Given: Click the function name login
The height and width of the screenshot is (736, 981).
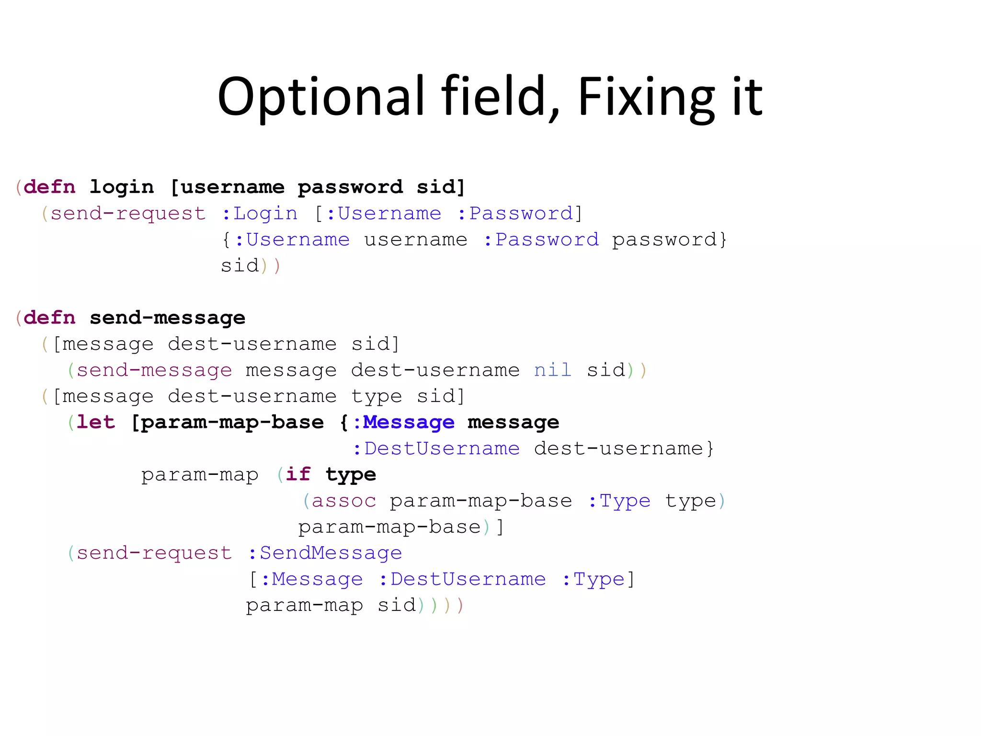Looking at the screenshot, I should click(x=122, y=187).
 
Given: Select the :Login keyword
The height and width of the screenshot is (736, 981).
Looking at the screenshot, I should click(x=259, y=213).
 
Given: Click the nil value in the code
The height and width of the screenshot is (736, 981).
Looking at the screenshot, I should click(x=552, y=370).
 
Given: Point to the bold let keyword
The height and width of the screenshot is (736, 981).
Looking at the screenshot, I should click(x=96, y=422).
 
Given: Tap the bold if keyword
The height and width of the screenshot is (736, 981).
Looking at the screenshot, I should click(x=298, y=474).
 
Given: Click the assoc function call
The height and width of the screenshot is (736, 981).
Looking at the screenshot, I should click(x=343, y=501).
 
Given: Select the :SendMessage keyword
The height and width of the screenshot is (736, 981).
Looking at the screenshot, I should click(x=325, y=553).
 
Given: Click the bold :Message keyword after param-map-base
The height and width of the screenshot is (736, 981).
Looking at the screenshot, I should click(x=403, y=422).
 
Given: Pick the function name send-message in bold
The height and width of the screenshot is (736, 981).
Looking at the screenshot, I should click(x=167, y=318).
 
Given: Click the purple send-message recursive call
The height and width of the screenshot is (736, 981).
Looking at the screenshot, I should click(x=154, y=370).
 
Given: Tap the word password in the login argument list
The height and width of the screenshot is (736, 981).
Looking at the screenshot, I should click(x=350, y=187).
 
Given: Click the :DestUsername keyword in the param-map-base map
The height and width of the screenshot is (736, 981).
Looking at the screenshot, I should click(x=436, y=448).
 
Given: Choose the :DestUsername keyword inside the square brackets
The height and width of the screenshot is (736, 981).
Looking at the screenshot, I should click(x=462, y=579).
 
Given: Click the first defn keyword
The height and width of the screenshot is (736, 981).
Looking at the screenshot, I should click(x=49, y=187).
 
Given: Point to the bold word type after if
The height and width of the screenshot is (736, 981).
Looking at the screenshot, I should click(x=351, y=474).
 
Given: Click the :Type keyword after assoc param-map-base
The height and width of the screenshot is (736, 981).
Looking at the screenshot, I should click(x=619, y=501).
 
